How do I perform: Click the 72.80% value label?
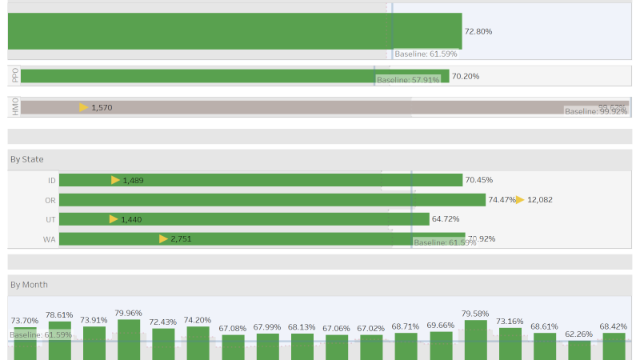(x=478, y=31)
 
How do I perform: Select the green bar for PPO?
(x=232, y=76)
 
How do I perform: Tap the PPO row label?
(x=15, y=76)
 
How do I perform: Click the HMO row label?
(x=15, y=107)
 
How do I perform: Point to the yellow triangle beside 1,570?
(x=84, y=107)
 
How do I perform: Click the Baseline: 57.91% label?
(x=408, y=80)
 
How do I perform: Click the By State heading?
(x=26, y=159)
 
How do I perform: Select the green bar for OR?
(x=272, y=200)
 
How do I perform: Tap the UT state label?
(x=50, y=219)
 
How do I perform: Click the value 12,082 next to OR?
(x=540, y=200)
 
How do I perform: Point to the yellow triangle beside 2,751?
(x=163, y=238)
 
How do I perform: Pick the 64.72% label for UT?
(x=446, y=218)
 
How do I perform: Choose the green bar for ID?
(x=260, y=180)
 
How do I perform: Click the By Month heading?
(x=29, y=284)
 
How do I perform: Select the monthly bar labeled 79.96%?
(x=129, y=340)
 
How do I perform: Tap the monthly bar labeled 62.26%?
(x=579, y=350)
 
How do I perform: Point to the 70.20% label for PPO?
(x=466, y=76)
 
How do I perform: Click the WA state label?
(x=50, y=239)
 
